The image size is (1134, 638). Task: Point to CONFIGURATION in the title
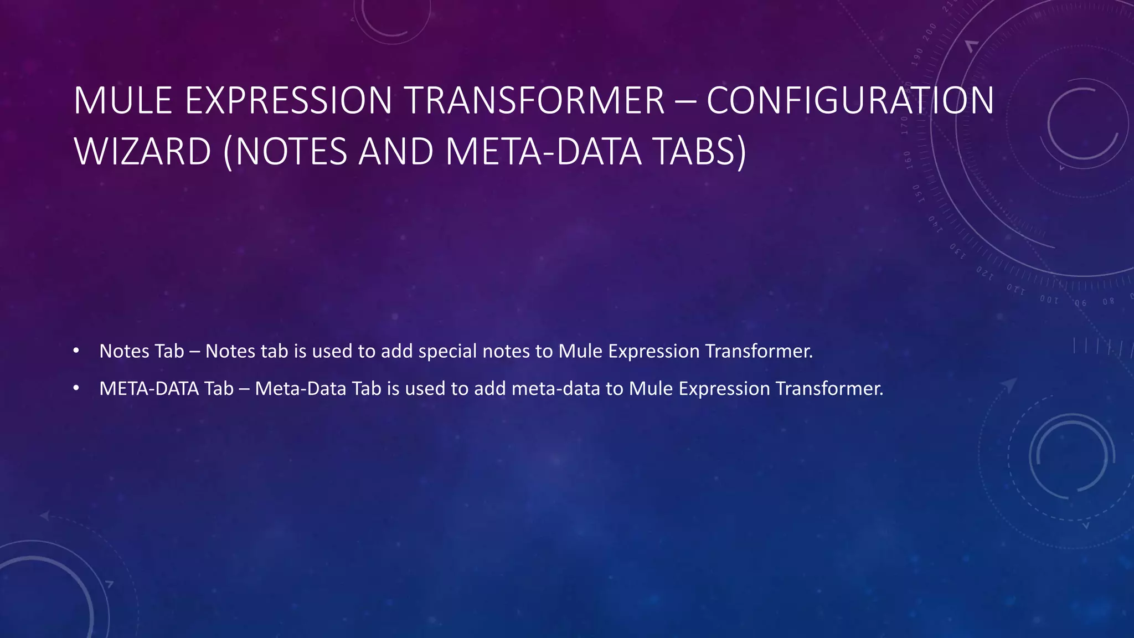coord(850,101)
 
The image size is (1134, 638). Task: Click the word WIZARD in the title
coord(142,152)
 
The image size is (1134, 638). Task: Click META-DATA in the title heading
coord(543,152)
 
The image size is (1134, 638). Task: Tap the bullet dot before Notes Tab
coord(76,351)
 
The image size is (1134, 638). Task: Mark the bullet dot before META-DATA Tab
coord(76,388)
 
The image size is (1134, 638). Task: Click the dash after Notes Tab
coord(194,351)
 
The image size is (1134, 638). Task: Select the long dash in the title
coord(685,102)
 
